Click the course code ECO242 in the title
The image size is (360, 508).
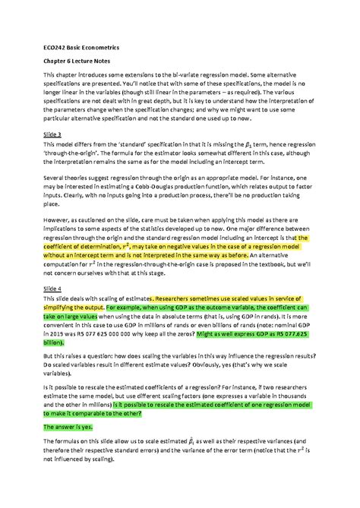(52, 47)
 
